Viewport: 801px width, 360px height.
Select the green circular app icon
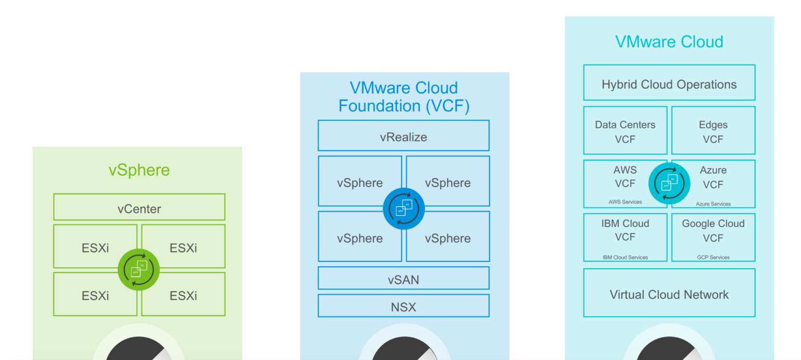tap(139, 270)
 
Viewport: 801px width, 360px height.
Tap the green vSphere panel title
tap(139, 171)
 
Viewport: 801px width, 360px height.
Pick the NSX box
tap(404, 306)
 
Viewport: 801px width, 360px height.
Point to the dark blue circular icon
tap(404, 208)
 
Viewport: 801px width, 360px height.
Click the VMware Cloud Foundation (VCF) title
tap(404, 97)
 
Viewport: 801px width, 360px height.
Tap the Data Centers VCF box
tap(625, 131)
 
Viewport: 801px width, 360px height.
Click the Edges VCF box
tap(713, 131)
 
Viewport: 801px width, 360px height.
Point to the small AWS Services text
tap(625, 202)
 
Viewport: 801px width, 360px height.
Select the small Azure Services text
tap(713, 204)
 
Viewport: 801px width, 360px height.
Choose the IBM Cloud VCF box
tap(625, 231)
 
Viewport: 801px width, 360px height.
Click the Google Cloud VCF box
tap(713, 231)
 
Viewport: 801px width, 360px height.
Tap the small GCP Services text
tap(713, 257)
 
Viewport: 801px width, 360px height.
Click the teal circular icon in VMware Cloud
tap(669, 184)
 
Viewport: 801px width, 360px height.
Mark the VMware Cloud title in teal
tap(669, 42)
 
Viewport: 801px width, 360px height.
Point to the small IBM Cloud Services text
tap(625, 257)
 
